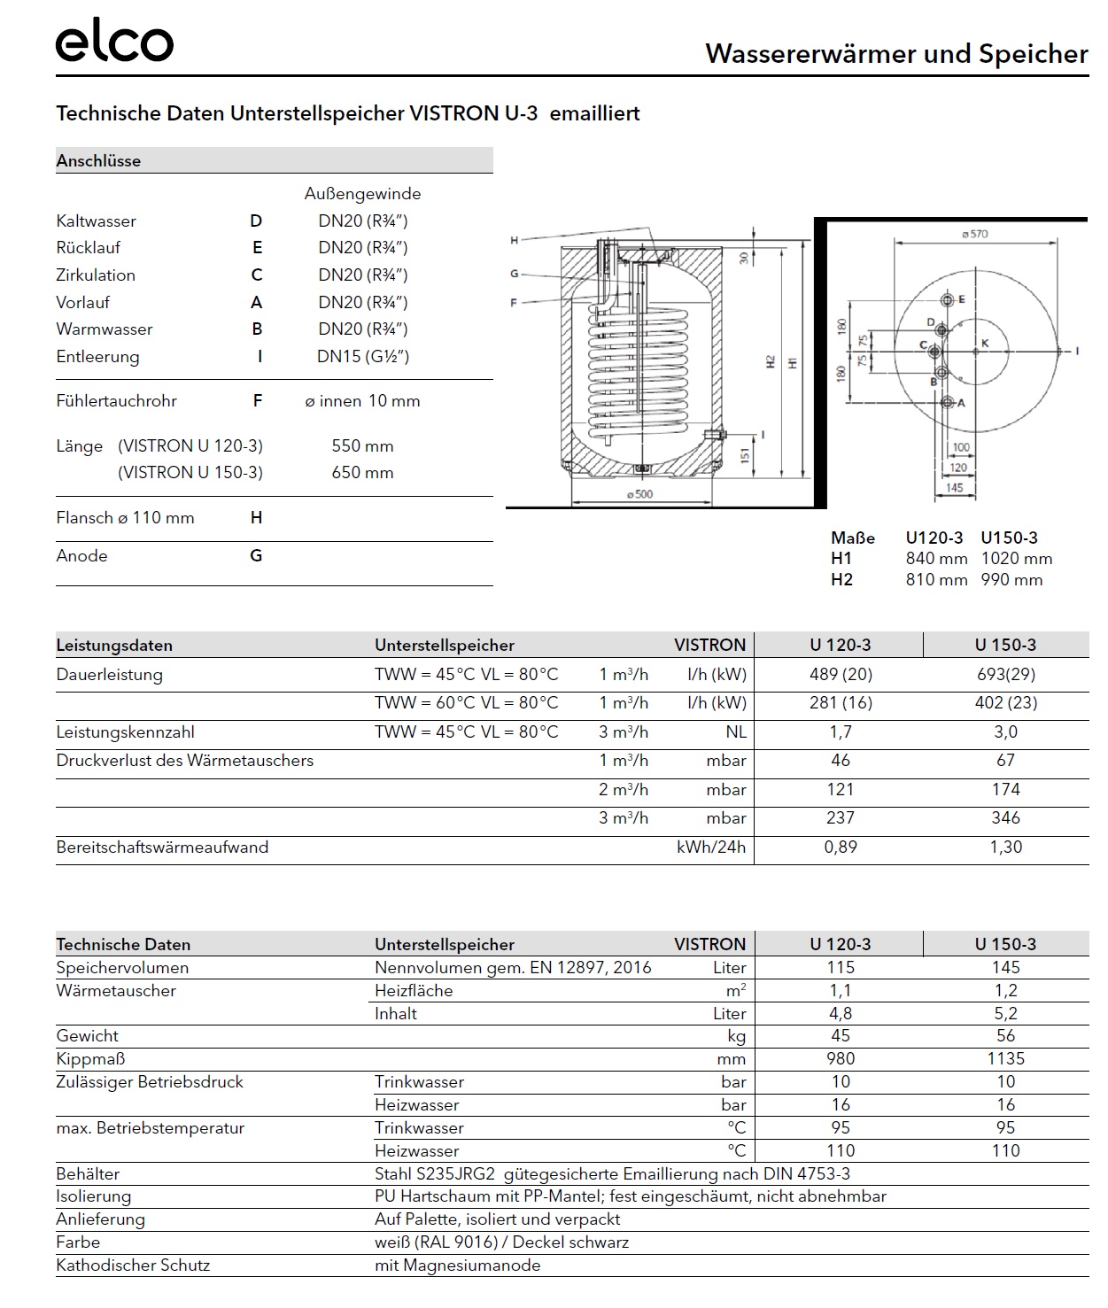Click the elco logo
tap(114, 43)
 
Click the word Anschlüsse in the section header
tap(98, 161)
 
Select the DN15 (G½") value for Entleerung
tap(363, 357)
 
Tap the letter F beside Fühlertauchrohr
tap(257, 401)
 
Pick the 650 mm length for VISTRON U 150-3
tap(362, 473)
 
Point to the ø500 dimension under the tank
tap(639, 494)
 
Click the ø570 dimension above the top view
tap(974, 235)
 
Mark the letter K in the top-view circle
tap(984, 344)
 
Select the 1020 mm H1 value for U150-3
tap(1017, 559)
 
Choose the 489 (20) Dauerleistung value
tap(841, 675)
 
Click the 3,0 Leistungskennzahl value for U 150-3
tap(1005, 732)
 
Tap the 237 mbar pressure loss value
tap(841, 818)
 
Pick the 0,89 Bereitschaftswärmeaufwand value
tap(841, 847)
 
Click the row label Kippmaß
tap(90, 1059)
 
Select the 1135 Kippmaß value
tap(1005, 1059)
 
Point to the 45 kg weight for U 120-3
tap(841, 1036)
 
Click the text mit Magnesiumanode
tap(457, 1265)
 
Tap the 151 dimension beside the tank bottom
tap(745, 455)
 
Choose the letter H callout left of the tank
tap(515, 241)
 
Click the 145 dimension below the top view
tap(954, 488)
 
